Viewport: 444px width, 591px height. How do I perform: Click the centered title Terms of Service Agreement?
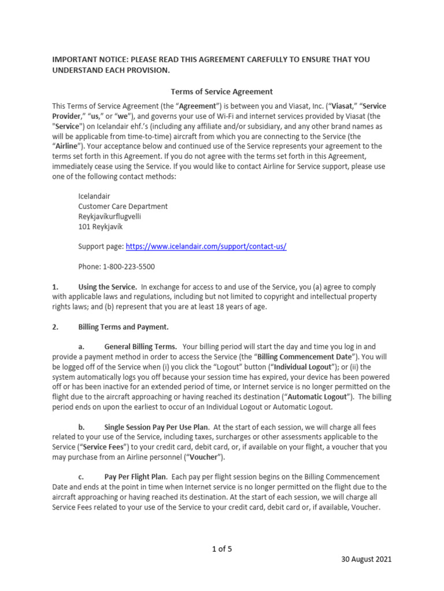tap(222, 91)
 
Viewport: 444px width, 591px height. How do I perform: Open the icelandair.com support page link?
tap(206, 246)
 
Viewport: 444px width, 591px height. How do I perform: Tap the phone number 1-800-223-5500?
tap(129, 267)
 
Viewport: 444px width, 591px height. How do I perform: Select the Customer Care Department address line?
tap(123, 206)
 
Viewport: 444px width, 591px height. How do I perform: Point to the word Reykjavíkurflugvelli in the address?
tap(109, 216)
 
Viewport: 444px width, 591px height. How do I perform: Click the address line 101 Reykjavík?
tap(101, 226)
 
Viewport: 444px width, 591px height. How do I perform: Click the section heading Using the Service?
tap(108, 287)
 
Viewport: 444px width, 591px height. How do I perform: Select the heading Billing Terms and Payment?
tap(123, 327)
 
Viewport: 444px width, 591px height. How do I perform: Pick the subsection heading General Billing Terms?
tap(140, 347)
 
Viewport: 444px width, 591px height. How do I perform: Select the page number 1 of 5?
tap(222, 549)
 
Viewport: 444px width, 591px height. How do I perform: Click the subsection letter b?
tap(82, 427)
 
